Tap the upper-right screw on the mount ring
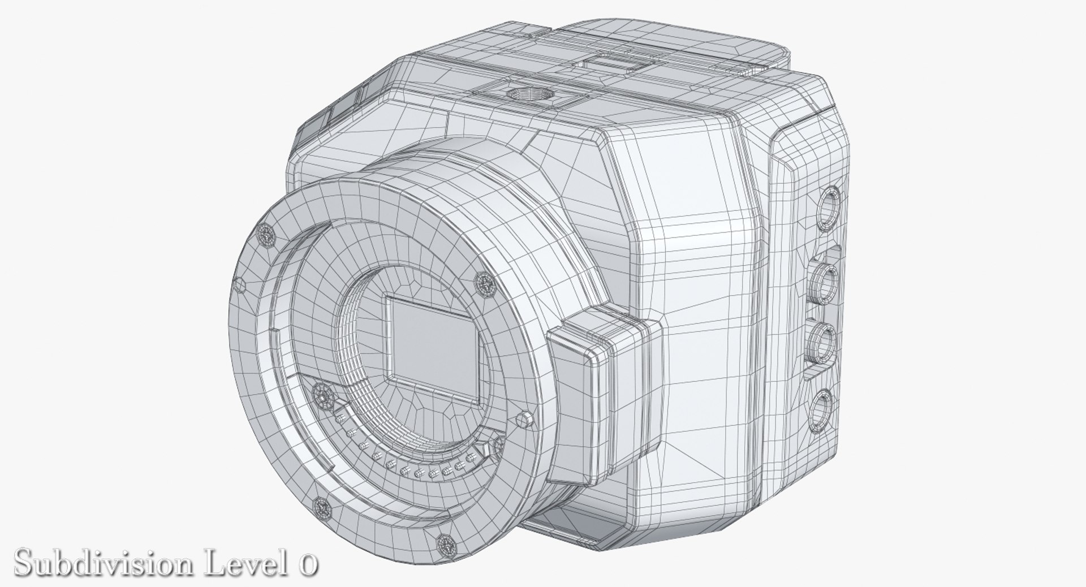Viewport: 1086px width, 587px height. point(484,282)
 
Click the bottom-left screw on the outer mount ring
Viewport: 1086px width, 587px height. point(322,507)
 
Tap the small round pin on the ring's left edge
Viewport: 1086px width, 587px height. point(240,284)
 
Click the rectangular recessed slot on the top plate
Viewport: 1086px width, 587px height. point(614,63)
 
